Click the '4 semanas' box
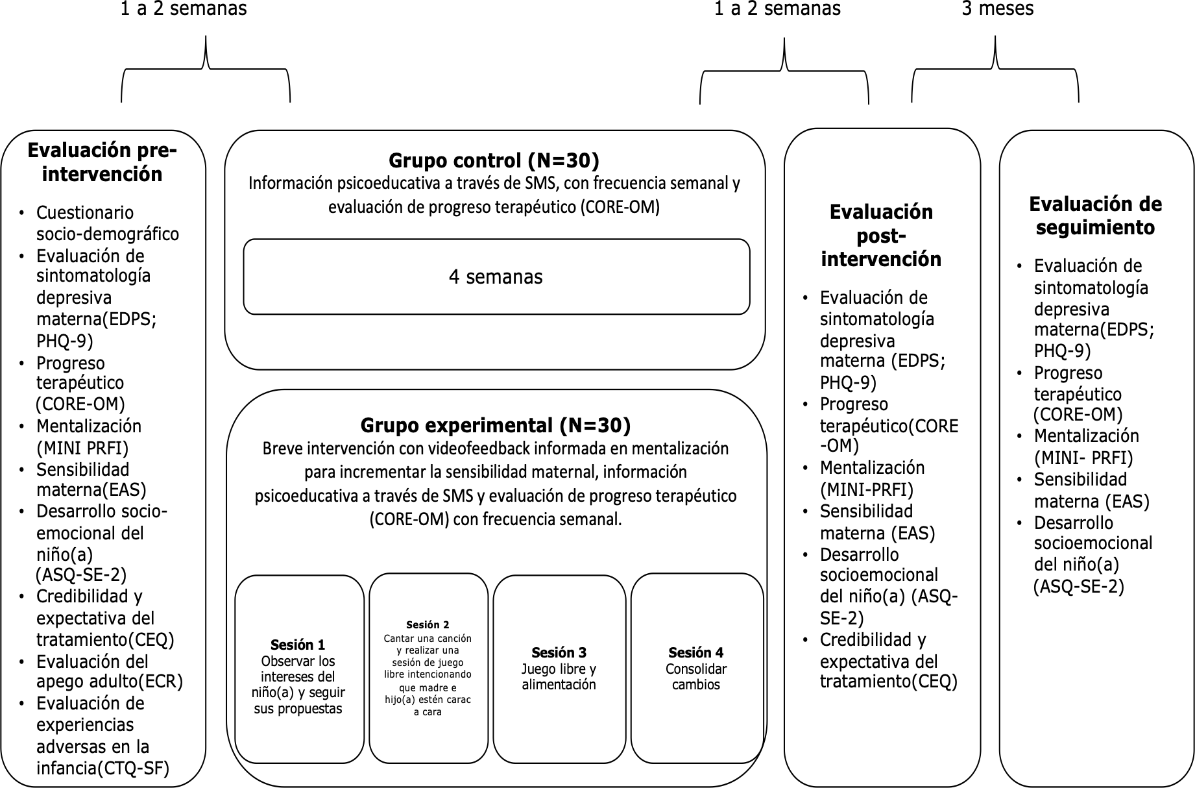coord(496,277)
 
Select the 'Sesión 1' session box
coord(299,669)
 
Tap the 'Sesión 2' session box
coord(428,668)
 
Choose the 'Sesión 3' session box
coord(559,669)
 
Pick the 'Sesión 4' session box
coord(697,668)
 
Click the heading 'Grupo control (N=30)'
coord(494,160)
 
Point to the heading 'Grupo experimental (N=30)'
coord(496,425)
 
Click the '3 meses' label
coord(997,8)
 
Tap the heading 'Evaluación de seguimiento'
coord(1095,215)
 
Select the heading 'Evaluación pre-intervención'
coord(102,162)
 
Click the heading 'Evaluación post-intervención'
coord(881,235)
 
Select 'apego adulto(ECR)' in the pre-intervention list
coord(110,682)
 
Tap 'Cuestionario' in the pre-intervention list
coord(85,212)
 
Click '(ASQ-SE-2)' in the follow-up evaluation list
coord(1078,586)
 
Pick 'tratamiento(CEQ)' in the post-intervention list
coord(889,682)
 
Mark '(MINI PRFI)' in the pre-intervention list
coord(82,448)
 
